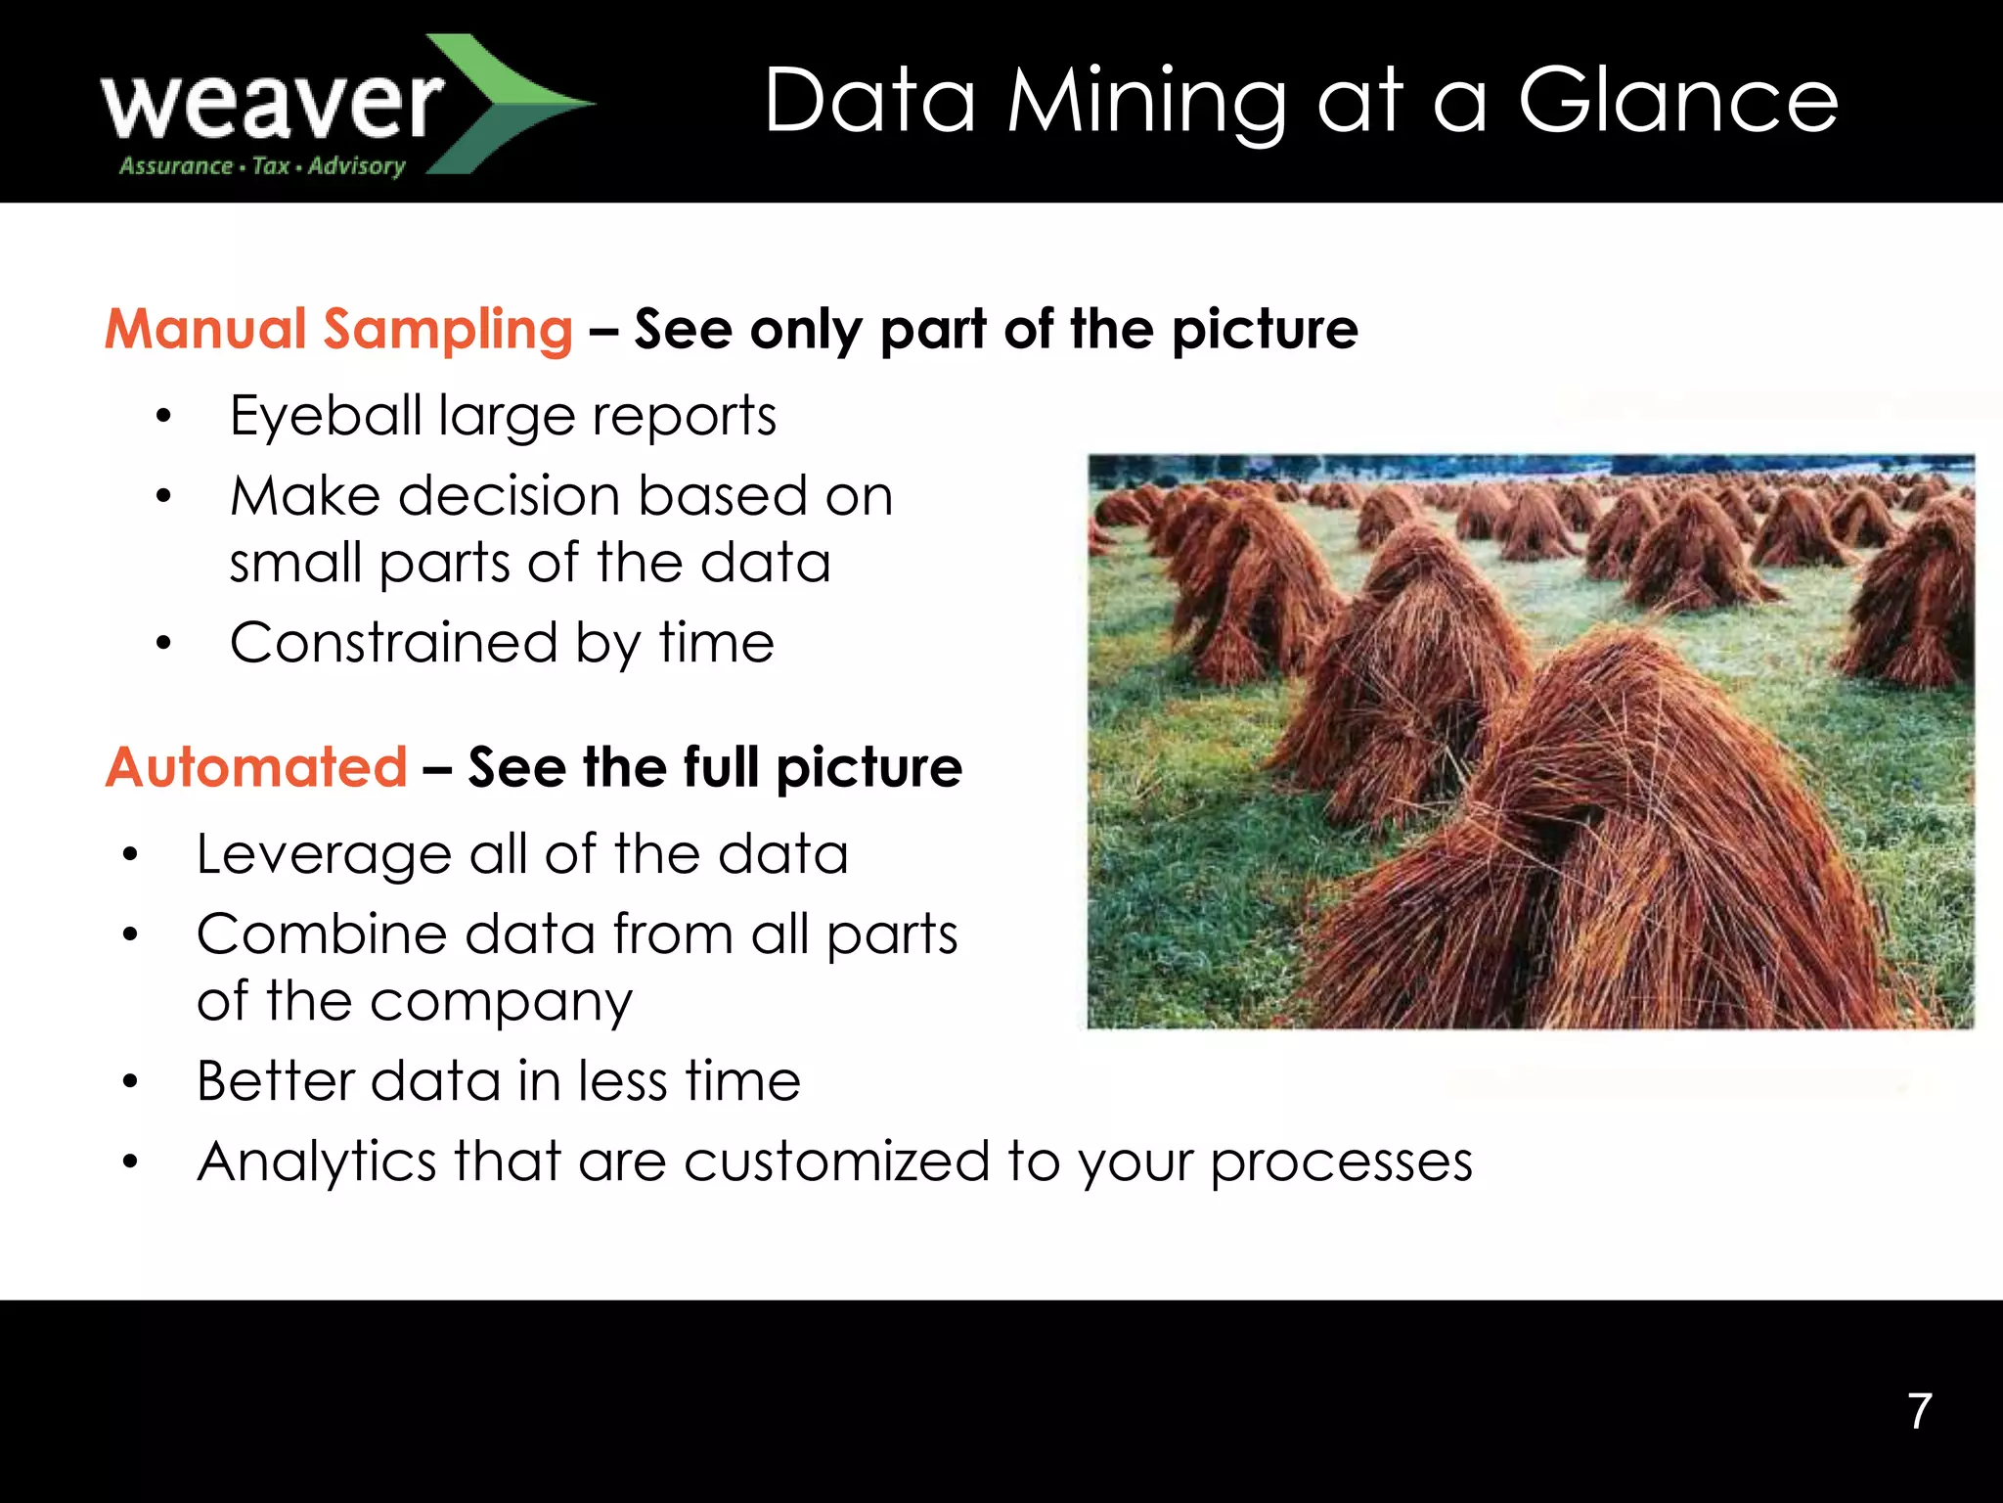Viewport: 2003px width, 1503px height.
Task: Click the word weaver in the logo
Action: (272, 106)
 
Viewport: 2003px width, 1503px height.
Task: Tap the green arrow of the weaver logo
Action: (509, 103)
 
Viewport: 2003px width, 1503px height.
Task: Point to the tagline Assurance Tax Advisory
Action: (262, 166)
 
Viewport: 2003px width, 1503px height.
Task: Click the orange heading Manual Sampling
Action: (338, 329)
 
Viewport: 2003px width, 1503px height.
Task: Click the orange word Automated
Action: (256, 766)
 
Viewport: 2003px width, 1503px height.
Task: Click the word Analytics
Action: (316, 1162)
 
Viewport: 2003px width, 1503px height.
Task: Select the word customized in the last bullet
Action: (836, 1161)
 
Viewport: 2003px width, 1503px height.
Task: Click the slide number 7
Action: (1920, 1411)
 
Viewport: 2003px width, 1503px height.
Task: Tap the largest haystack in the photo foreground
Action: (1624, 842)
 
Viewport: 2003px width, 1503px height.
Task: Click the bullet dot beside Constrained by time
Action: (163, 644)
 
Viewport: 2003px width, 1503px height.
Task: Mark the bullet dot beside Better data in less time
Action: (130, 1082)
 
